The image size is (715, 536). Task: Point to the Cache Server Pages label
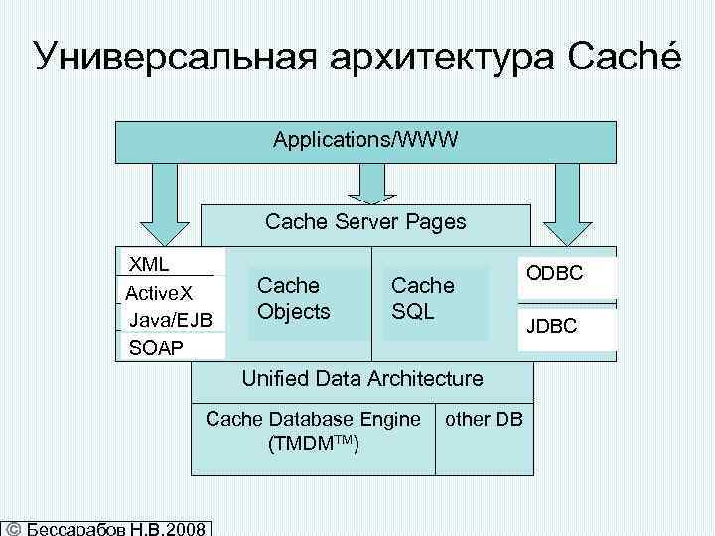click(365, 222)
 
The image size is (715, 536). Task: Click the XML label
click(149, 264)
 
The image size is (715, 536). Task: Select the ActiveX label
click(159, 293)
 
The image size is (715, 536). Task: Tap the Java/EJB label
click(170, 319)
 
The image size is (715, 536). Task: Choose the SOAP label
click(157, 346)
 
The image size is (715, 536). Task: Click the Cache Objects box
click(294, 299)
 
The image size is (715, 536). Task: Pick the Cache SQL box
click(423, 299)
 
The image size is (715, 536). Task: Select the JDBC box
click(566, 327)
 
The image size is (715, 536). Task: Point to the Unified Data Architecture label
click(362, 378)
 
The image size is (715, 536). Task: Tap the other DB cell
click(484, 419)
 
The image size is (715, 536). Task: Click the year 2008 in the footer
click(188, 528)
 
